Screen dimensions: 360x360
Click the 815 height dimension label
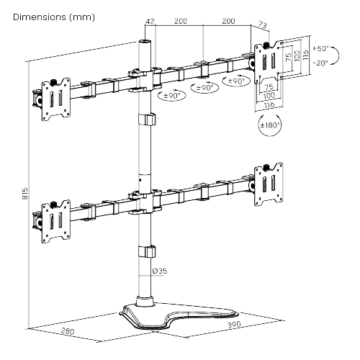(x=25, y=194)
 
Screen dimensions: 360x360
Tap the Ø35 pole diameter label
(x=160, y=271)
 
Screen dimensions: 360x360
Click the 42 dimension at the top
(x=150, y=22)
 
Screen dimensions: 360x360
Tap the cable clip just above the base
(x=145, y=251)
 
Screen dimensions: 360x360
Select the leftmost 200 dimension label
(x=180, y=22)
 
